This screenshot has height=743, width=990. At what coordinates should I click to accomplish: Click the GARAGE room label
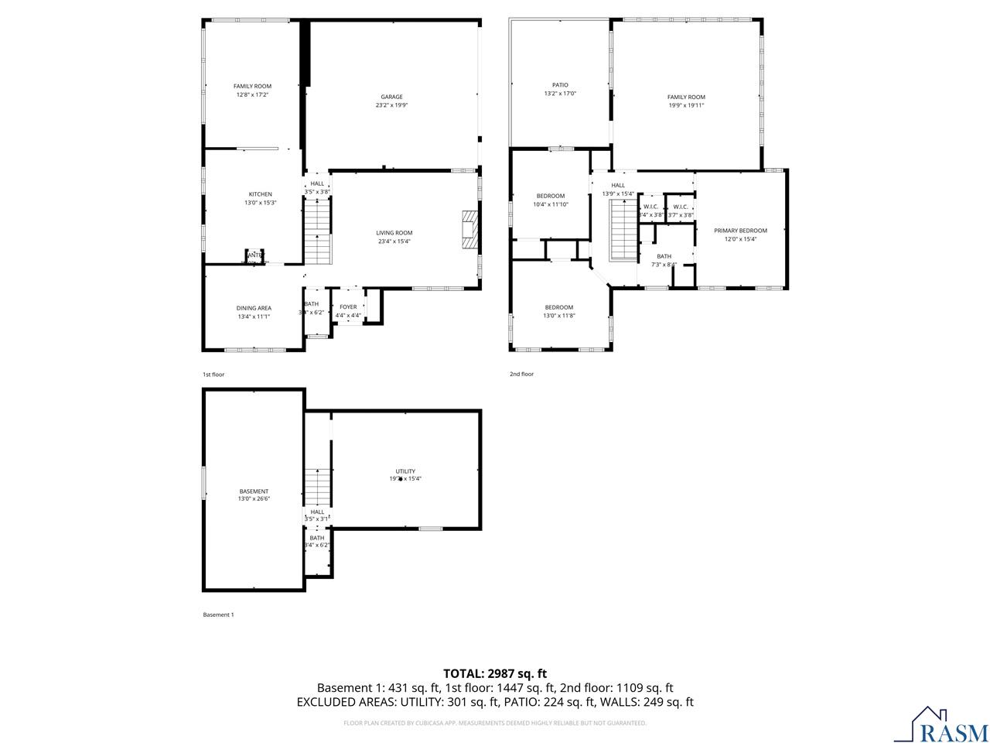click(391, 97)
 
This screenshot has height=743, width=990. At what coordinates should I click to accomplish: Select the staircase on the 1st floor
click(317, 230)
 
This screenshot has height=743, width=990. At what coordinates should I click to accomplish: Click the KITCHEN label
click(260, 194)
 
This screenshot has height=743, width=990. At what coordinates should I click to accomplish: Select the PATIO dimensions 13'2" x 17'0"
click(560, 94)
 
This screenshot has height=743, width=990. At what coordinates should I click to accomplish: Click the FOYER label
click(348, 307)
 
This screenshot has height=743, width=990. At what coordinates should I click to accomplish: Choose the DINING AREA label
click(254, 308)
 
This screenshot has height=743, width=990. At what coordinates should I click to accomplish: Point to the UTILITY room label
click(405, 471)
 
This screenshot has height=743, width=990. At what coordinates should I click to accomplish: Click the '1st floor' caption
click(213, 375)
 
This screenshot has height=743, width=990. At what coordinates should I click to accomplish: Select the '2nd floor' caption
click(521, 375)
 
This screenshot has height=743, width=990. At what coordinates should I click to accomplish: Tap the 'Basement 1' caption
click(218, 615)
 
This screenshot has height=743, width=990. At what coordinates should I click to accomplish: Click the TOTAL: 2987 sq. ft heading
click(495, 673)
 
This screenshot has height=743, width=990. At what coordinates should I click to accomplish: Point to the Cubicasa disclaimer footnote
click(495, 723)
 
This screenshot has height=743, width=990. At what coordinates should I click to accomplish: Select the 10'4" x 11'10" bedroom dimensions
click(551, 204)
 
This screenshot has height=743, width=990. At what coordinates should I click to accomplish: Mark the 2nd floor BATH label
click(664, 256)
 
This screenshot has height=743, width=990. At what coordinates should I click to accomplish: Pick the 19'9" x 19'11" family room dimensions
click(686, 105)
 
